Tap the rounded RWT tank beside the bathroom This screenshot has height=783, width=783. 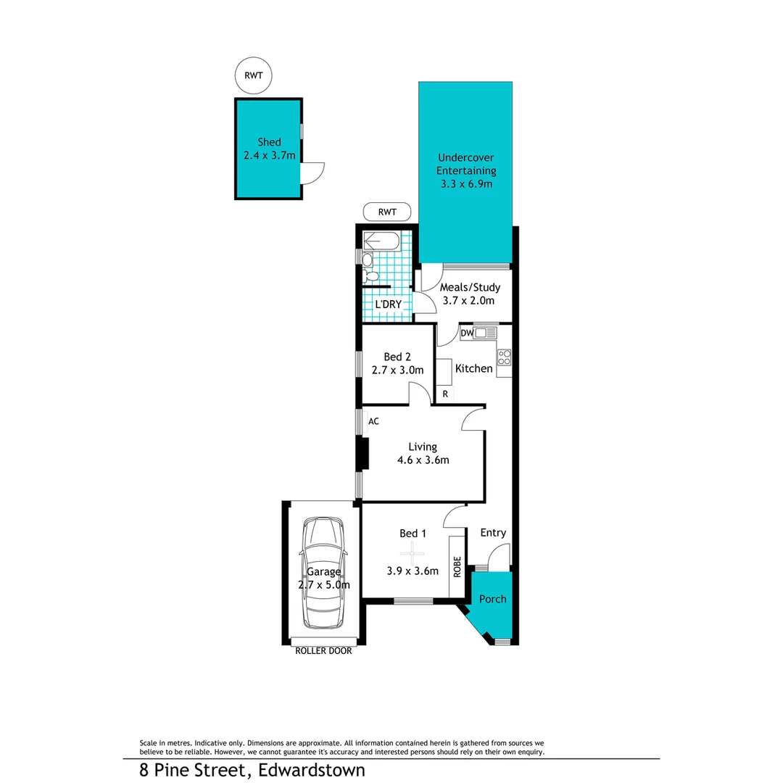point(387,212)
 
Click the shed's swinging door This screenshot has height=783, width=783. point(312,172)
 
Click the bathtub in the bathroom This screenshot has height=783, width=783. point(381,241)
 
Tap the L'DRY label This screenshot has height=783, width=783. point(387,304)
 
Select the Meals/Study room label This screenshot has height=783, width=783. point(470,287)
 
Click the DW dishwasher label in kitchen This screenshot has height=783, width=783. point(467,333)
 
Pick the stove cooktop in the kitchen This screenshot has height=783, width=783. point(504,357)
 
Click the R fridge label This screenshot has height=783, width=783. point(445,394)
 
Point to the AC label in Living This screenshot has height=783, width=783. point(374,420)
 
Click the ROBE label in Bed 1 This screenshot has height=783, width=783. point(457,565)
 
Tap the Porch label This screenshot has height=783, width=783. point(492,599)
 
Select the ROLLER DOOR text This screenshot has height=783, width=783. point(323,651)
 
